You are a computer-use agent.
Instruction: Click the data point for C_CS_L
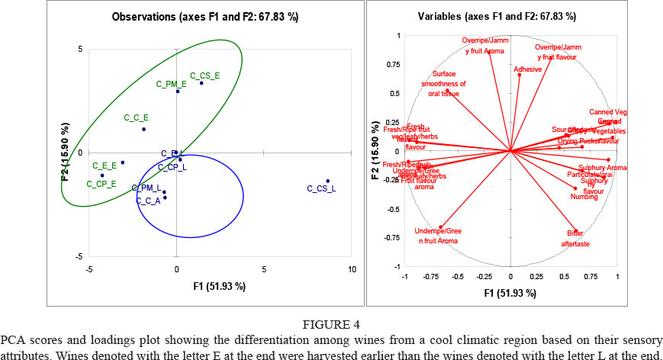(x=328, y=181)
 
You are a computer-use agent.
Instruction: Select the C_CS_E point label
(x=205, y=75)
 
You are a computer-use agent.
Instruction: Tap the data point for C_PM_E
(x=178, y=91)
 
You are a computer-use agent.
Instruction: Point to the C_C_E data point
(x=143, y=129)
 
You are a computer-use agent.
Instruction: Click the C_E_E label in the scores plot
(x=104, y=166)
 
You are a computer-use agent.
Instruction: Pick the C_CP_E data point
(x=102, y=175)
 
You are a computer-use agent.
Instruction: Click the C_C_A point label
(x=148, y=201)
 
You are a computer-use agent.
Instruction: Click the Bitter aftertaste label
(x=579, y=238)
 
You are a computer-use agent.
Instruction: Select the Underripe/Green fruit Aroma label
(x=438, y=235)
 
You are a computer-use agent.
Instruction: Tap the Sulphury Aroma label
(x=603, y=167)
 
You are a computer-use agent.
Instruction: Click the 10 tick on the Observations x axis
(x=352, y=269)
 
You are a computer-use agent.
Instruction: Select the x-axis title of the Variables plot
(x=511, y=293)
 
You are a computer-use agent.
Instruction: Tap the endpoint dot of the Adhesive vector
(x=520, y=74)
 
